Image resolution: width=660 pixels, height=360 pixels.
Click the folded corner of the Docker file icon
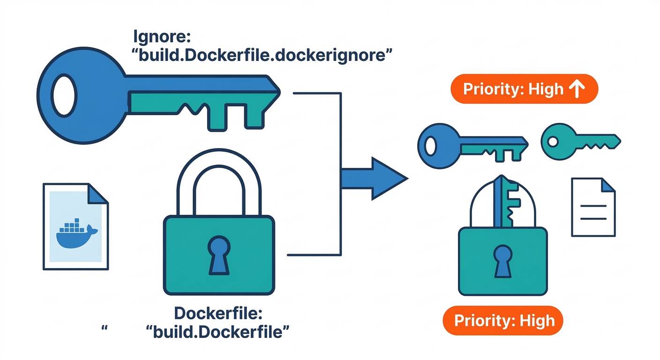97,193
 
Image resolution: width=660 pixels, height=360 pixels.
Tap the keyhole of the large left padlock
218,254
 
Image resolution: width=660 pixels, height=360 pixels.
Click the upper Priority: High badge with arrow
523,89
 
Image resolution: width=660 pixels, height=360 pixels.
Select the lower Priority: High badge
502,321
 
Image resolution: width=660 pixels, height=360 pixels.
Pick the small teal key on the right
580,140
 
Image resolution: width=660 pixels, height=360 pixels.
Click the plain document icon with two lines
593,207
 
